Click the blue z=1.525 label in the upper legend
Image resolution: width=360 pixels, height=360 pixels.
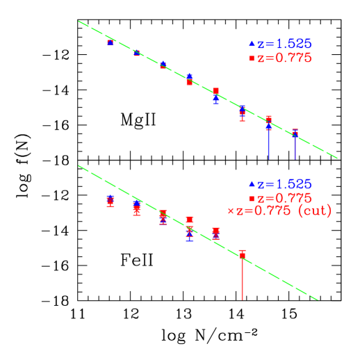pos(284,44)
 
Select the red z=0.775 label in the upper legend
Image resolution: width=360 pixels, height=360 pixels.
pos(284,58)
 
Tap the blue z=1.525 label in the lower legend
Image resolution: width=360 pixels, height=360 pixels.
pos(284,185)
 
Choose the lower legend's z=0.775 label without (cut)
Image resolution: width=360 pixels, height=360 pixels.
pos(284,198)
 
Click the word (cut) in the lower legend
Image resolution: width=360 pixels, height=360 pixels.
pos(314,211)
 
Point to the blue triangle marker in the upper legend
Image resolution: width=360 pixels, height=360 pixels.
pos(252,44)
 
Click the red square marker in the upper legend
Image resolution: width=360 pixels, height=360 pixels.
pos(252,58)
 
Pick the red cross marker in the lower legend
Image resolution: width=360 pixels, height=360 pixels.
pos(231,211)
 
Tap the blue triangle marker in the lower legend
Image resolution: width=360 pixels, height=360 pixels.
pos(252,185)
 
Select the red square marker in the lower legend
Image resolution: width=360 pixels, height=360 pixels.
pos(252,198)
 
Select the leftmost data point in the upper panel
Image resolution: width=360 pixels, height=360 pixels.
pos(110,42)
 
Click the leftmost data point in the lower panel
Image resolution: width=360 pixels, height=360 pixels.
pos(110,201)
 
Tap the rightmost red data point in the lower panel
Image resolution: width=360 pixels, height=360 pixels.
pos(242,255)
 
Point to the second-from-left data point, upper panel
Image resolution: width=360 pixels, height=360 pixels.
pos(136,52)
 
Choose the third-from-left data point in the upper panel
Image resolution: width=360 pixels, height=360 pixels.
pos(163,65)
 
